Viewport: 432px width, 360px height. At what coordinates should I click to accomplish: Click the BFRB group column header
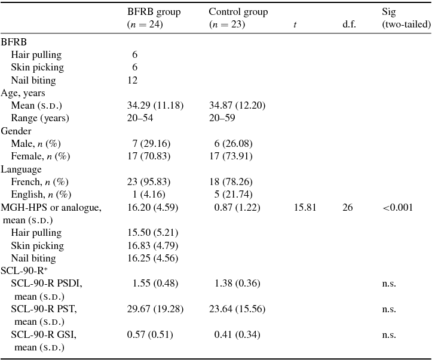click(154, 18)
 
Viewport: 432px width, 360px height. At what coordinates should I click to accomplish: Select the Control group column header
click(238, 18)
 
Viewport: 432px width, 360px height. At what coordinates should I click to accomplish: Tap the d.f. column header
click(349, 25)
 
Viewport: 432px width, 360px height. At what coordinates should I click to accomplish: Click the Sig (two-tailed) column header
click(406, 18)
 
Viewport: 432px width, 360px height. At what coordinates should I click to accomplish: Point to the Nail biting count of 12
click(132, 80)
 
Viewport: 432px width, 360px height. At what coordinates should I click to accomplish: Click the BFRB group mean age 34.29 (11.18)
click(155, 105)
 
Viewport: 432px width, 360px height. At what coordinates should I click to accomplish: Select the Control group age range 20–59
click(222, 118)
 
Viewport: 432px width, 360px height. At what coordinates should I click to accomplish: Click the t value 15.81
click(305, 207)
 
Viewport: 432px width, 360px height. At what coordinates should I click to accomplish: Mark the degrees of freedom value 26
click(347, 207)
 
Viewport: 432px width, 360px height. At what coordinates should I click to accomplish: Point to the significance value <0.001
click(398, 207)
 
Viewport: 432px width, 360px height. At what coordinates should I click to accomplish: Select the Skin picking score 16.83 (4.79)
click(153, 245)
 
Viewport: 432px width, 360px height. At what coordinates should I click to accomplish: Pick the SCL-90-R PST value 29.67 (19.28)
click(155, 309)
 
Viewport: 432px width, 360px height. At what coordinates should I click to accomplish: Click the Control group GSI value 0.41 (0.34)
click(237, 334)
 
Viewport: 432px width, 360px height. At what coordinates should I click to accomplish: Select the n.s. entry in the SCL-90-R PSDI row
click(389, 284)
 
